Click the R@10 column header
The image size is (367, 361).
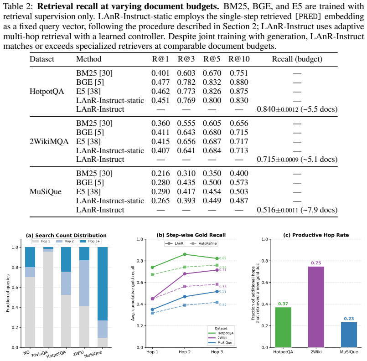[x=239, y=59]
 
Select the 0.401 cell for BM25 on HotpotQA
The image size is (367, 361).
[x=160, y=73]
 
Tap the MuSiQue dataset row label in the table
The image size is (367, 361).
[x=46, y=191]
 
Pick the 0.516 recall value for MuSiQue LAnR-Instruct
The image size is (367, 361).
[x=266, y=210]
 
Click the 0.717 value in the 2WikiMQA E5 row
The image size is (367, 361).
[x=239, y=141]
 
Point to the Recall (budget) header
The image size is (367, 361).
[x=297, y=59]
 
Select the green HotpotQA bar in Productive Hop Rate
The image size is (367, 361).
[x=283, y=327]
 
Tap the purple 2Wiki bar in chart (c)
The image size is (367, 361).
[x=316, y=307]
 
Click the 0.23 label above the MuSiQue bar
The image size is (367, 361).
[x=349, y=319]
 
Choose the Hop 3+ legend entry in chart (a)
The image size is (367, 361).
[x=90, y=241]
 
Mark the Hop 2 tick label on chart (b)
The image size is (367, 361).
[x=185, y=352]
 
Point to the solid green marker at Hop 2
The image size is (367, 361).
[x=185, y=254]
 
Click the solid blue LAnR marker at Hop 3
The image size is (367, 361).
[x=217, y=292]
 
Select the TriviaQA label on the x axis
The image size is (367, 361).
[x=40, y=354]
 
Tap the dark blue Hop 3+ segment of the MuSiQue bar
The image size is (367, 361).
[x=103, y=284]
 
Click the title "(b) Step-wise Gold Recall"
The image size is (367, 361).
[x=191, y=235]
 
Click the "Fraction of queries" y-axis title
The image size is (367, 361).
[x=8, y=293]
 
